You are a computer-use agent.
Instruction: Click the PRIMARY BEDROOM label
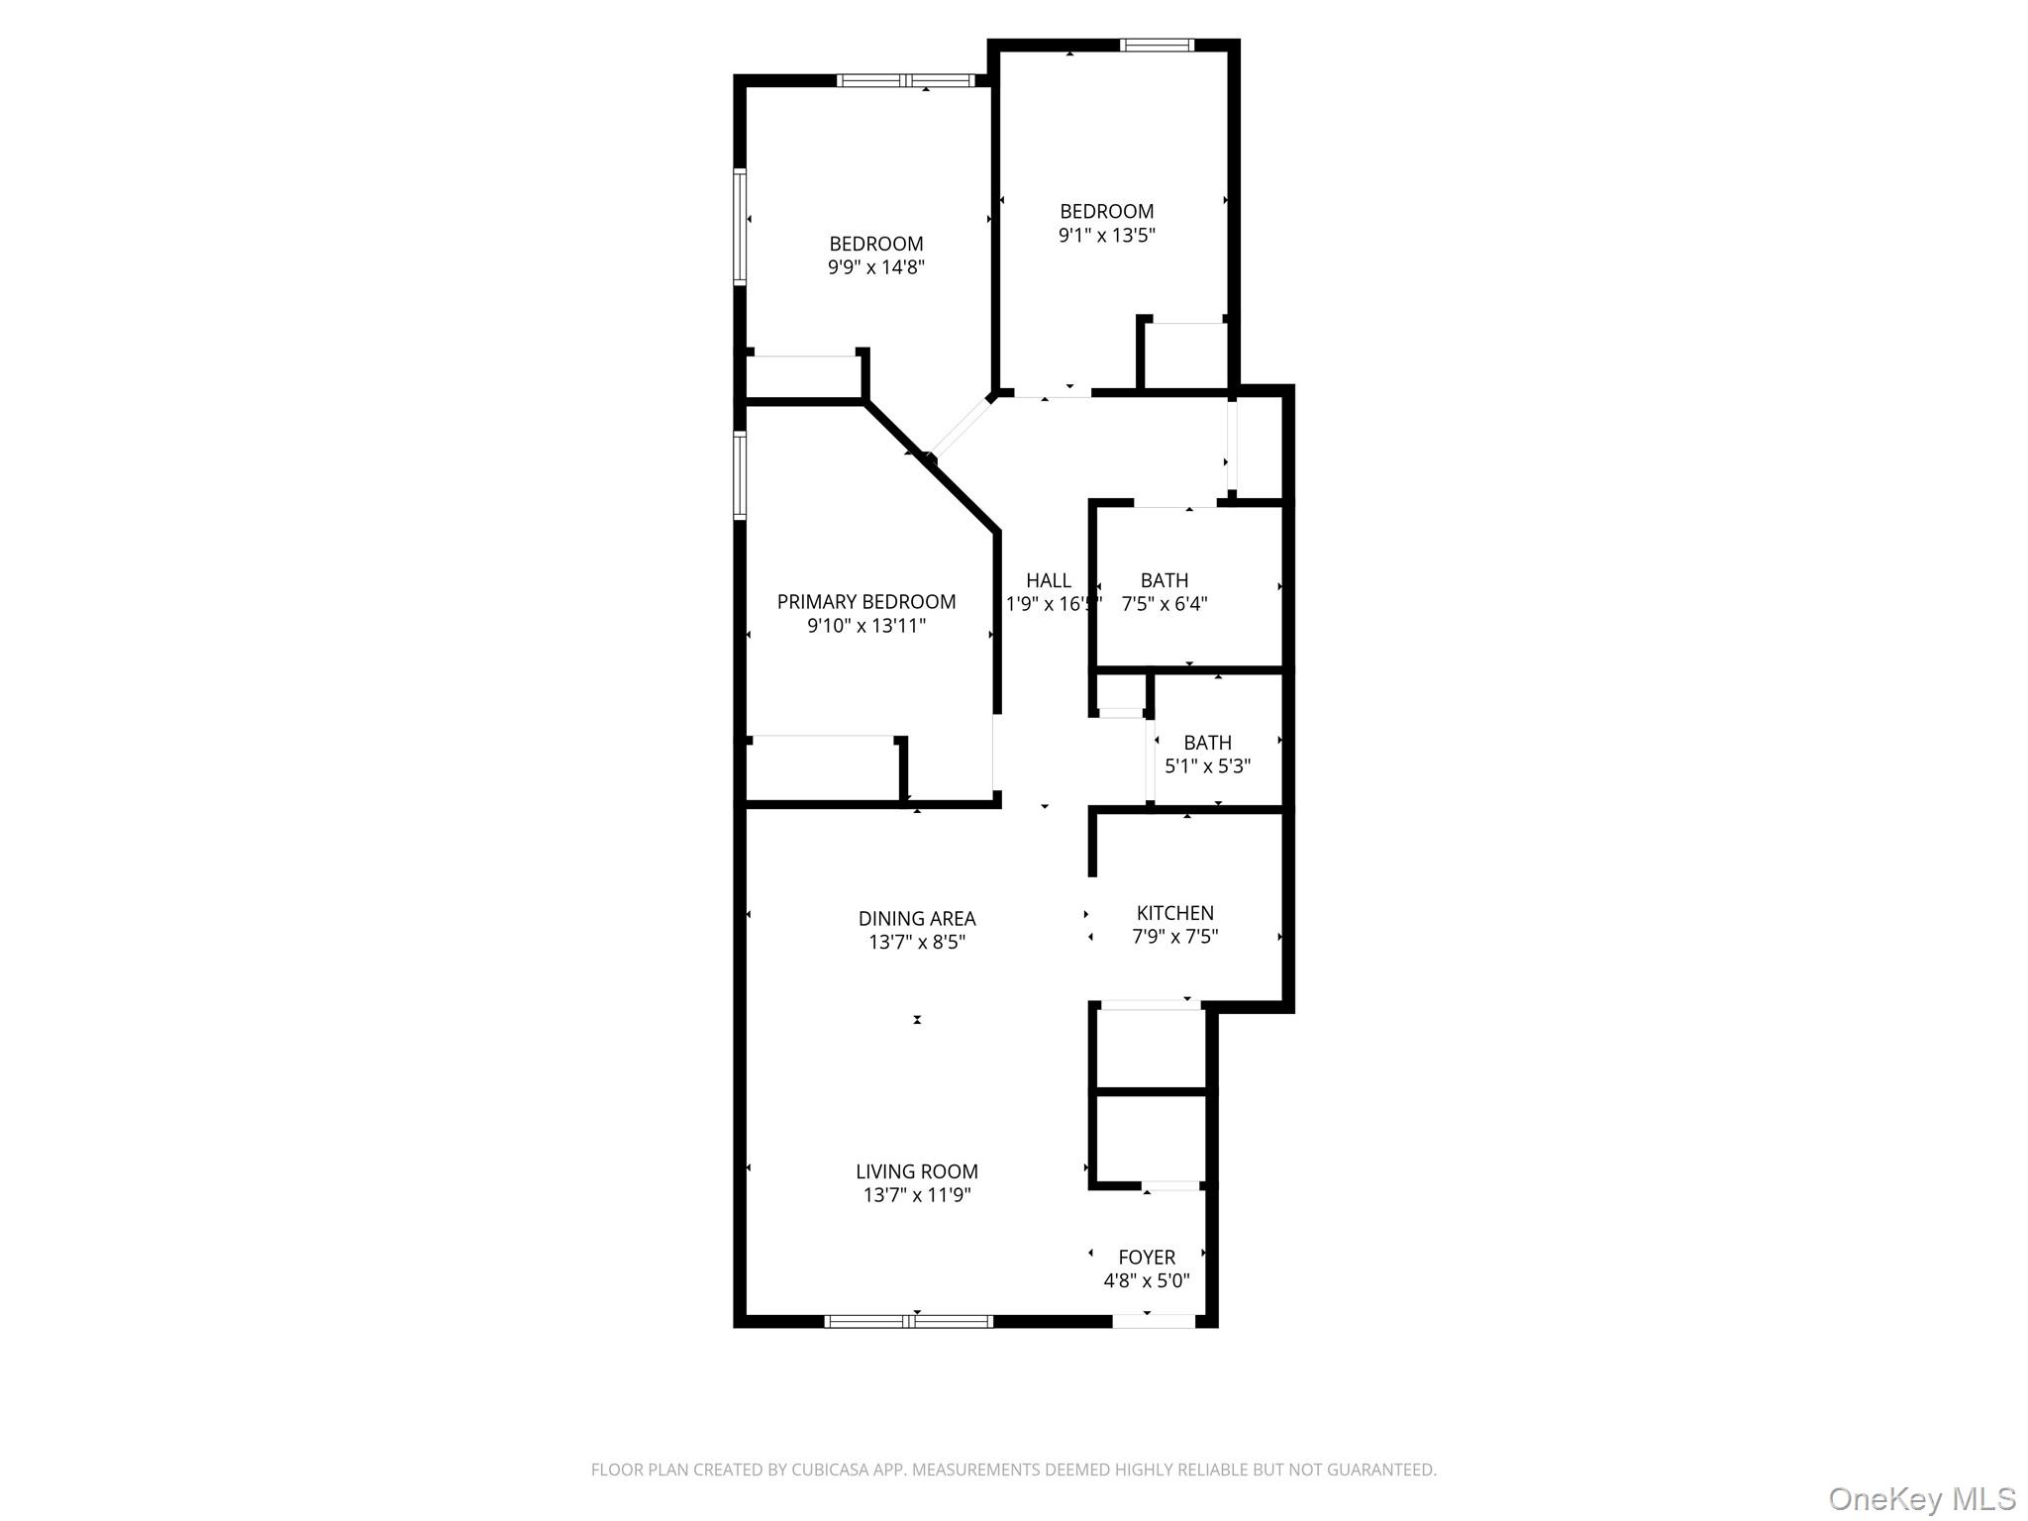(866, 602)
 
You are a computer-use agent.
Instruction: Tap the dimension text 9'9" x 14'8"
(876, 267)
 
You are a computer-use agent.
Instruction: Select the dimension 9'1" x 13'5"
(1107, 236)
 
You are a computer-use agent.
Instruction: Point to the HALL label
(1049, 581)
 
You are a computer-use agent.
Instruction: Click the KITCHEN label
(1175, 913)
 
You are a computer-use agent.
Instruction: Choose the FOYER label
(1147, 1258)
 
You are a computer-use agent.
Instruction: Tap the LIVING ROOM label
(917, 1171)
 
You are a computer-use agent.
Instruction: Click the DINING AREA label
(917, 919)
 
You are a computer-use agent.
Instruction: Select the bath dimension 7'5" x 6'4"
(1165, 604)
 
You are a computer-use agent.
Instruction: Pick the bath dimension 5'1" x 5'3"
(1208, 766)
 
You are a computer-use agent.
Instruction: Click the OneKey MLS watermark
(1922, 1498)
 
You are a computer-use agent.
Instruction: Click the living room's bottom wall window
(909, 1321)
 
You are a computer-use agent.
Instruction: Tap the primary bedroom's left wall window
(740, 474)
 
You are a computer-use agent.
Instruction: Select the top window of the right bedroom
(1158, 45)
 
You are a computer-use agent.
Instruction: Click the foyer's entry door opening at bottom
(1154, 1321)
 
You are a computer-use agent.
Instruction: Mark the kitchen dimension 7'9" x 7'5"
(1175, 937)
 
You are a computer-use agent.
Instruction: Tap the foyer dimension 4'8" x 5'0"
(1147, 1281)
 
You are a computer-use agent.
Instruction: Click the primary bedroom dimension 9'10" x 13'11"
(866, 626)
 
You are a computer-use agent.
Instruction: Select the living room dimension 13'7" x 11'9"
(917, 1195)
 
